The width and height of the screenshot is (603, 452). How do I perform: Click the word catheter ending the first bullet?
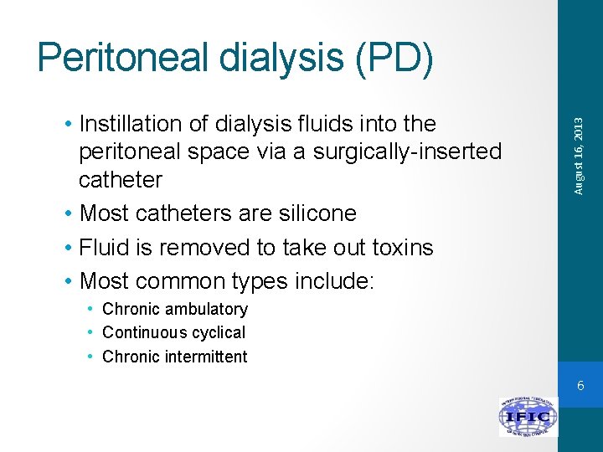coord(121,179)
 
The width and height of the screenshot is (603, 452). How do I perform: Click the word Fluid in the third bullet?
coord(101,248)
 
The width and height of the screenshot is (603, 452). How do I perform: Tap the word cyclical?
coord(218,332)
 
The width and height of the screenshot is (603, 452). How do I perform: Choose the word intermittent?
coord(206,357)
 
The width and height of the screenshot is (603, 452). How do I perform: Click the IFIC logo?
coord(528,417)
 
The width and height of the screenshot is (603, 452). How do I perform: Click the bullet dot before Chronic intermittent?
coord(90,357)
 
